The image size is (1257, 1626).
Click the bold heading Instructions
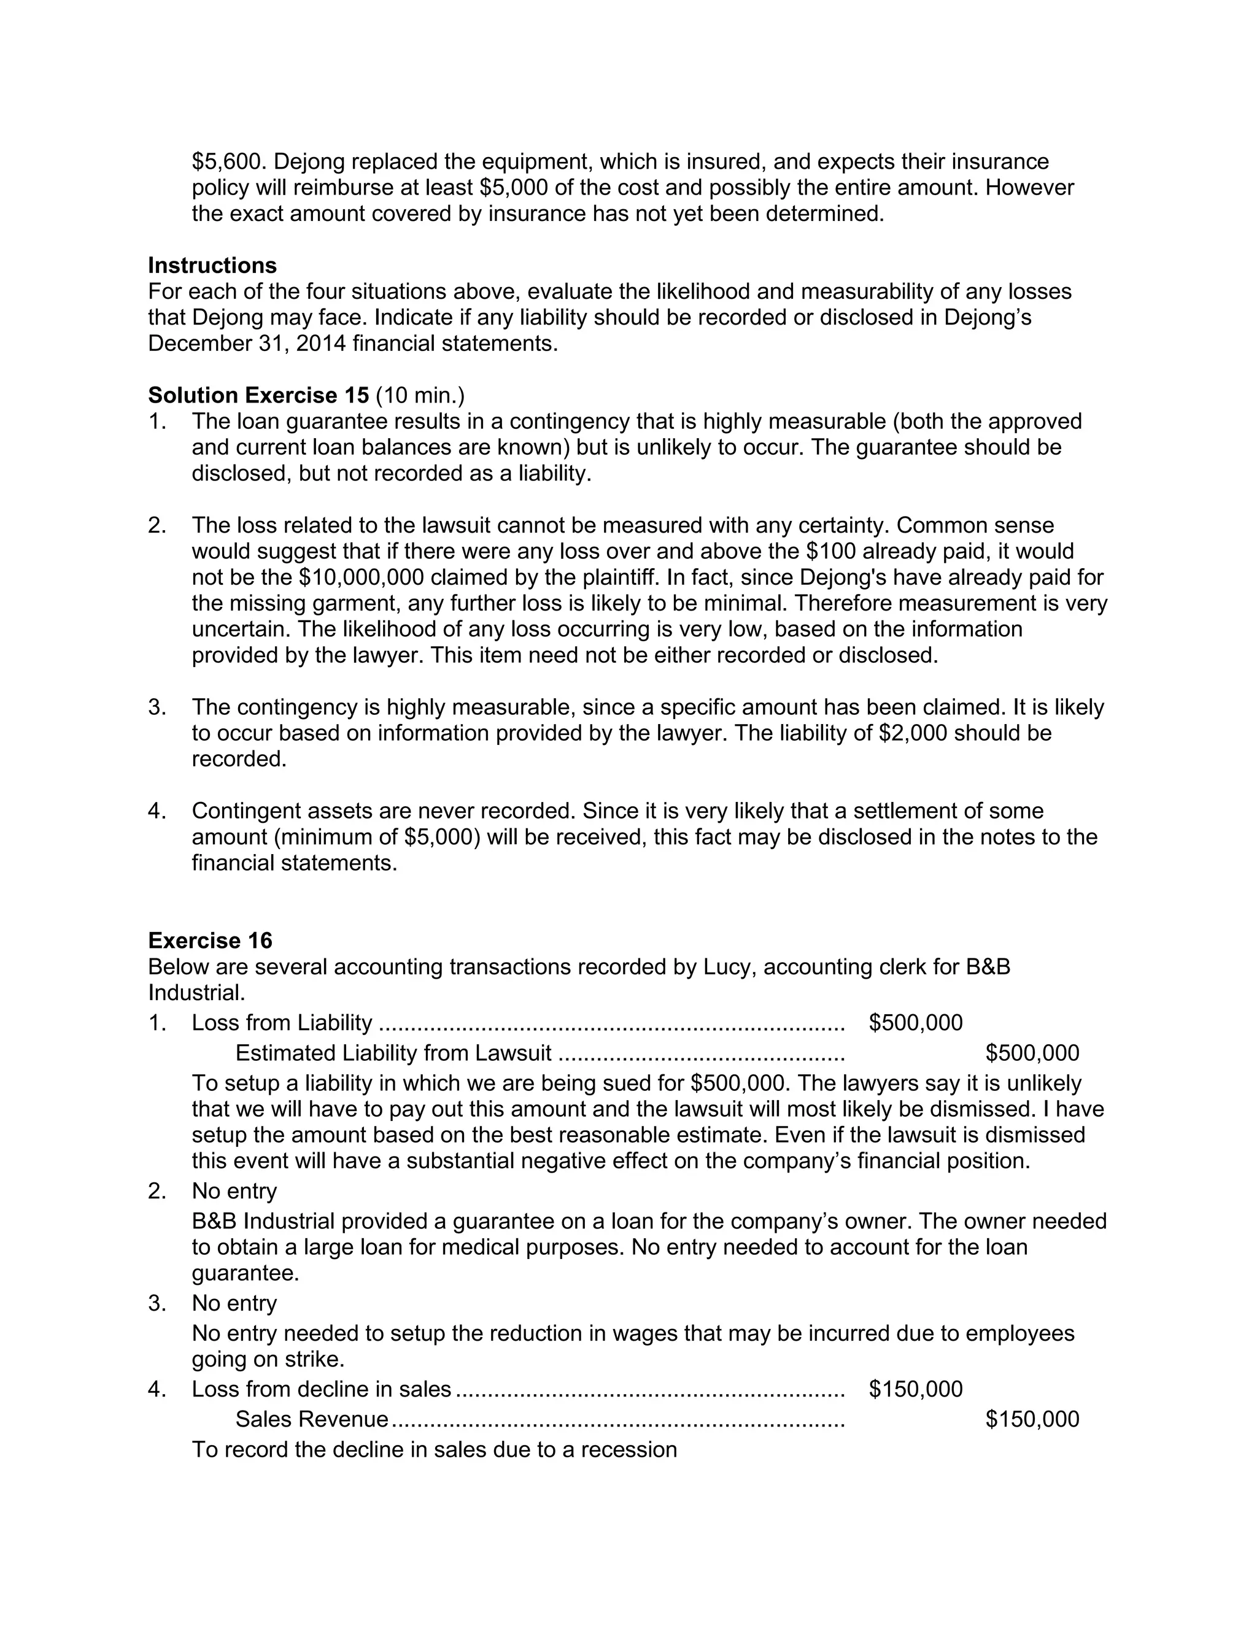pyautogui.click(x=212, y=265)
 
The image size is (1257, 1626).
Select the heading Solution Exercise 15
pyautogui.click(x=258, y=395)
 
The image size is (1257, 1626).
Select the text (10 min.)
pyautogui.click(x=420, y=395)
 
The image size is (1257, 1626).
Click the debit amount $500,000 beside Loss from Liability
pyautogui.click(x=915, y=1022)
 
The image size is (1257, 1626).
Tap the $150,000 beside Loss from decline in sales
pyautogui.click(x=915, y=1389)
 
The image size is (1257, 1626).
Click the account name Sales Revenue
pyautogui.click(x=312, y=1419)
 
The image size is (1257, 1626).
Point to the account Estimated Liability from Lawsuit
pyautogui.click(x=393, y=1053)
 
